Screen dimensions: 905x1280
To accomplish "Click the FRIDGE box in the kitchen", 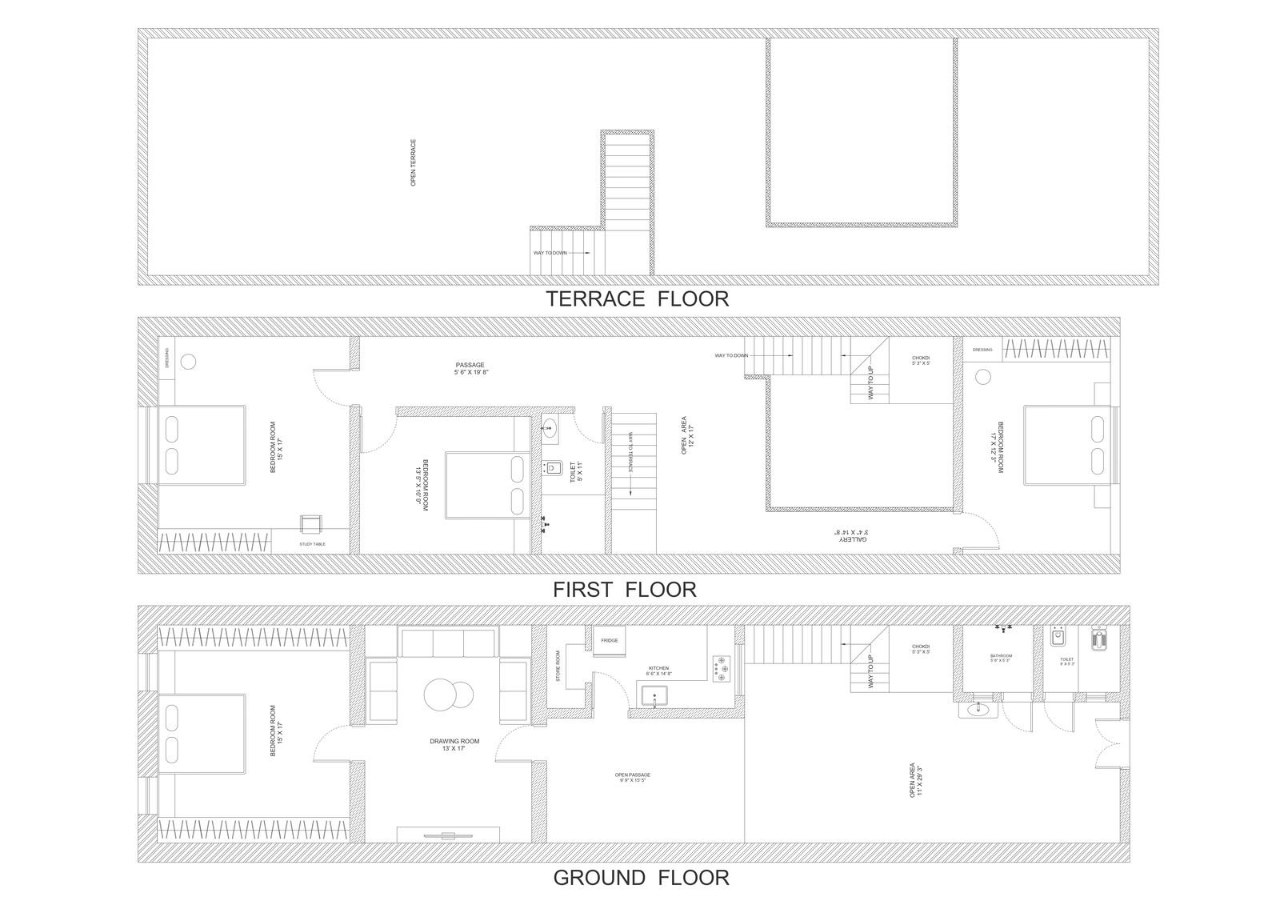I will pyautogui.click(x=610, y=640).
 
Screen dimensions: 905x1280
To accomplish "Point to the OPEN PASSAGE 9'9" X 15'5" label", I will pyautogui.click(x=632, y=777).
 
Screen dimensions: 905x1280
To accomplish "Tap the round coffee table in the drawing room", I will pyautogui.click(x=444, y=695).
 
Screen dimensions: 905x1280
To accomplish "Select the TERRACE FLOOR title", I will pyautogui.click(x=637, y=299).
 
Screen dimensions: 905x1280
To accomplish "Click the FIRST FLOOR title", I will pyautogui.click(x=624, y=590).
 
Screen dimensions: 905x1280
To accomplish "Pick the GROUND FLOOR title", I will pyautogui.click(x=641, y=878).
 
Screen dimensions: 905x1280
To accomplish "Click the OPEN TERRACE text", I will pyautogui.click(x=413, y=162).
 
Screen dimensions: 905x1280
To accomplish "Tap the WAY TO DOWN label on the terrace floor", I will pyautogui.click(x=550, y=253).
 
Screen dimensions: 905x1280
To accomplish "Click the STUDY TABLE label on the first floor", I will pyautogui.click(x=312, y=544).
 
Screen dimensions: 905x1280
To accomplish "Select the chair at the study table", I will pyautogui.click(x=309, y=523).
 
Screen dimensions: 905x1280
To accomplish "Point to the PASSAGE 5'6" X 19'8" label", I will pyautogui.click(x=471, y=368).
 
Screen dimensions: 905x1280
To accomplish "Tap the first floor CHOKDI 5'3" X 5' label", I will pyautogui.click(x=920, y=361).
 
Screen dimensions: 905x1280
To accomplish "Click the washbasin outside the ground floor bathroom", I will pyautogui.click(x=977, y=709).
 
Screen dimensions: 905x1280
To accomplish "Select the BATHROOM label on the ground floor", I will pyautogui.click(x=1001, y=659).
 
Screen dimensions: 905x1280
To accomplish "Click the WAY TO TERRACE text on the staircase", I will pyautogui.click(x=630, y=453).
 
